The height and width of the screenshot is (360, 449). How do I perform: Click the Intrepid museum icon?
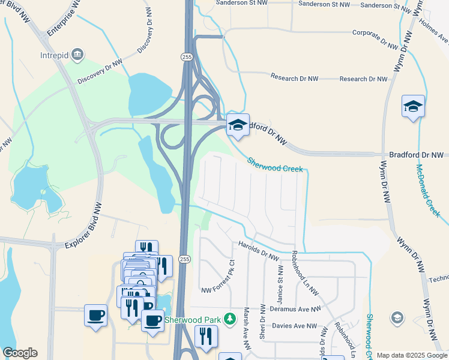pyautogui.click(x=77, y=55)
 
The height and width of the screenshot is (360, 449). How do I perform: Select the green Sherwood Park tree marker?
pyautogui.click(x=229, y=318)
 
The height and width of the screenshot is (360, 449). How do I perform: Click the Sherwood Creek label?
pyautogui.click(x=274, y=165)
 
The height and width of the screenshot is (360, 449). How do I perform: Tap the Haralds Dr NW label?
pyautogui.click(x=259, y=249)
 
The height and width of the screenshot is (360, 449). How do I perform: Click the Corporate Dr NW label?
pyautogui.click(x=375, y=39)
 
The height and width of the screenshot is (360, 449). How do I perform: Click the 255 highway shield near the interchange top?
pyautogui.click(x=186, y=56)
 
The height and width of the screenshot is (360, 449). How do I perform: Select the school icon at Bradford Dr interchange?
pyautogui.click(x=237, y=125)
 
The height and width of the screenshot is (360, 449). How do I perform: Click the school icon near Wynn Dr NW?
pyautogui.click(x=413, y=106)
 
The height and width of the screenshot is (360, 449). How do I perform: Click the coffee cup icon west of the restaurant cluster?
pyautogui.click(x=95, y=315)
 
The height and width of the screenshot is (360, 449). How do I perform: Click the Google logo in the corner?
pyautogui.click(x=20, y=353)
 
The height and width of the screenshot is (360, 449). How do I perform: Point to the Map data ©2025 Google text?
pyautogui.click(x=411, y=355)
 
